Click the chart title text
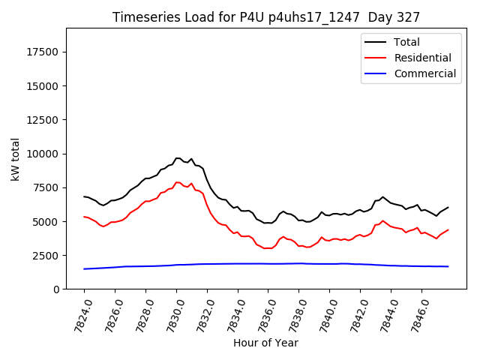(266, 17)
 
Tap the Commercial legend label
(424, 73)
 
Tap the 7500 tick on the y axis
(48, 187)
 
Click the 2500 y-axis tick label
(48, 256)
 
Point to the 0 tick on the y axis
(56, 289)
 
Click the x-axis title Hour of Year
(265, 343)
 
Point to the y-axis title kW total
(16, 159)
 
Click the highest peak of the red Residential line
(177, 182)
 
